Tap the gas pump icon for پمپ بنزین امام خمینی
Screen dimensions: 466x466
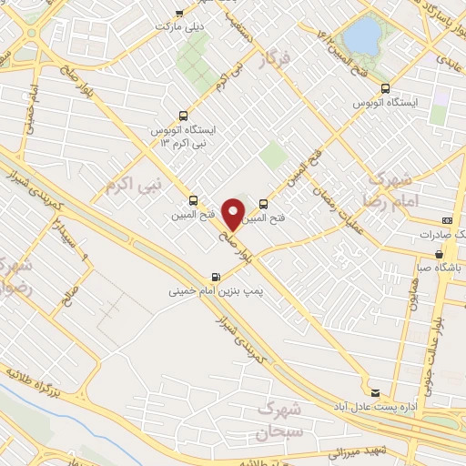[x=215, y=277]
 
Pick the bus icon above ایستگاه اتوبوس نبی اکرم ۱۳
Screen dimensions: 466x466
[x=185, y=116]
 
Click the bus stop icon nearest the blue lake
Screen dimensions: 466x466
[x=386, y=89]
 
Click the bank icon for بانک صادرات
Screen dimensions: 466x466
[x=447, y=220]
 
